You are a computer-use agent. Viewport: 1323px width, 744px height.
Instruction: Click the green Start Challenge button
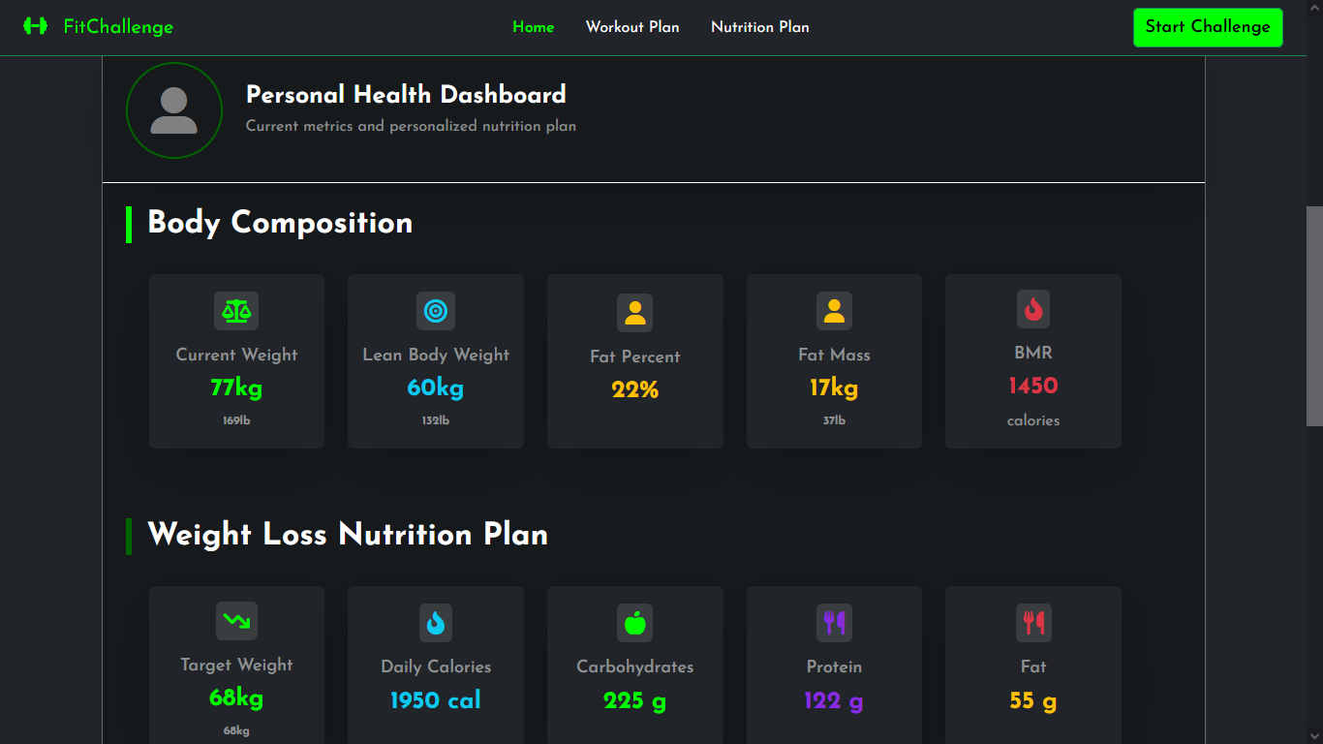(x=1208, y=27)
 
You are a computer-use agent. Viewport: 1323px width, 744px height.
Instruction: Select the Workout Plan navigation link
(x=632, y=27)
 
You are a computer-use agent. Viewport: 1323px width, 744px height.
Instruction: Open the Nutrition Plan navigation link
(x=759, y=27)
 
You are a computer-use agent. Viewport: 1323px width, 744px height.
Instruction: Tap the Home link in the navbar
(x=534, y=27)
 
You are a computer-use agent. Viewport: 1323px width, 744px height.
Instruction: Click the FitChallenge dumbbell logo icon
(x=36, y=26)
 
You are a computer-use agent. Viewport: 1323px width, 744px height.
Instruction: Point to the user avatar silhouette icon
(x=174, y=110)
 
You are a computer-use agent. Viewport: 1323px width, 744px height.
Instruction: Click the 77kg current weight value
(x=236, y=388)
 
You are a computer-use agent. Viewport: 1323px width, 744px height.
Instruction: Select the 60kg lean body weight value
(x=436, y=388)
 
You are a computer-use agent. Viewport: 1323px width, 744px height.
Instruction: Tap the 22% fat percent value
(x=635, y=390)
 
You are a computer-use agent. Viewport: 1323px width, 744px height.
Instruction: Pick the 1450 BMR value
(x=1033, y=387)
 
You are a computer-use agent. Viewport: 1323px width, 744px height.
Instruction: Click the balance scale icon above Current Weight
(x=236, y=311)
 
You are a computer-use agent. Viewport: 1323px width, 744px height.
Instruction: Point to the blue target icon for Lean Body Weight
(x=436, y=311)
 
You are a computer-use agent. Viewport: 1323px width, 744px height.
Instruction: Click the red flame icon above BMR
(x=1033, y=309)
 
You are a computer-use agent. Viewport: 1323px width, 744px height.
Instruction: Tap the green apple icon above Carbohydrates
(x=635, y=623)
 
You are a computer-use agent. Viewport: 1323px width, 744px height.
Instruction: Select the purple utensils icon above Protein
(x=834, y=623)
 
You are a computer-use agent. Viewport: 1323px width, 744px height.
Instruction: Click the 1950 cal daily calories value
(x=436, y=700)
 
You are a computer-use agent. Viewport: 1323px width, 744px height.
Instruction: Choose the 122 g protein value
(x=834, y=700)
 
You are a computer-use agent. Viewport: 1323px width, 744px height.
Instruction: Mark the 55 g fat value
(x=1033, y=700)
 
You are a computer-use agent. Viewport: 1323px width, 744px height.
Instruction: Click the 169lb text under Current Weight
(x=236, y=420)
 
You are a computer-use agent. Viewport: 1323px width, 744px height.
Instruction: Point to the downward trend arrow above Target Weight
(x=236, y=621)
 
